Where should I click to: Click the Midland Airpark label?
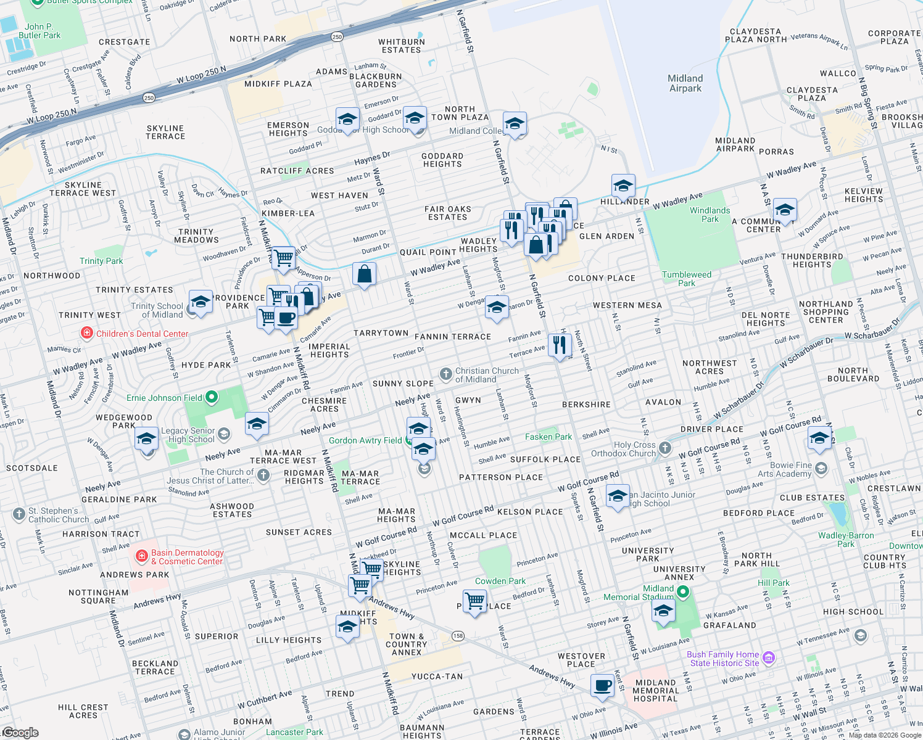tap(685, 83)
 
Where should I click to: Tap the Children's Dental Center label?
tap(142, 334)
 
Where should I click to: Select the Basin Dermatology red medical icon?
tap(142, 556)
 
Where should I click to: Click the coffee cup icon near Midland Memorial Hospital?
tap(602, 685)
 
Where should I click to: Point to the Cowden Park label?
tap(500, 581)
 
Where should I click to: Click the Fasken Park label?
tap(548, 437)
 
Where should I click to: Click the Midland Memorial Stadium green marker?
tap(682, 593)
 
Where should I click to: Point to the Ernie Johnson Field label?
tap(164, 398)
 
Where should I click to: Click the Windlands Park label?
tap(710, 215)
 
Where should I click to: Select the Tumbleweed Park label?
tap(686, 279)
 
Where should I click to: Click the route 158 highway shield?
tap(457, 636)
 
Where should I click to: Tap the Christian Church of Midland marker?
tap(445, 374)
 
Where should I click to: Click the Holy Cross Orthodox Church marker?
tap(664, 448)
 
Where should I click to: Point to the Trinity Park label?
tap(101, 261)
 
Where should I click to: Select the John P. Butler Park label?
tap(39, 31)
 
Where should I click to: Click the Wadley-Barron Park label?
tap(846, 540)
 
